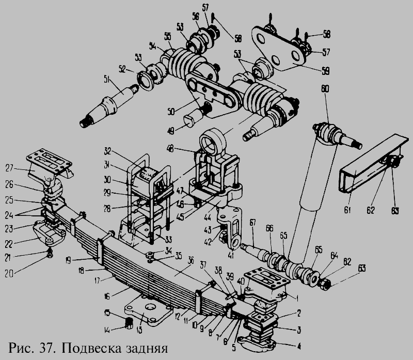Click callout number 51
tap(107, 79)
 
